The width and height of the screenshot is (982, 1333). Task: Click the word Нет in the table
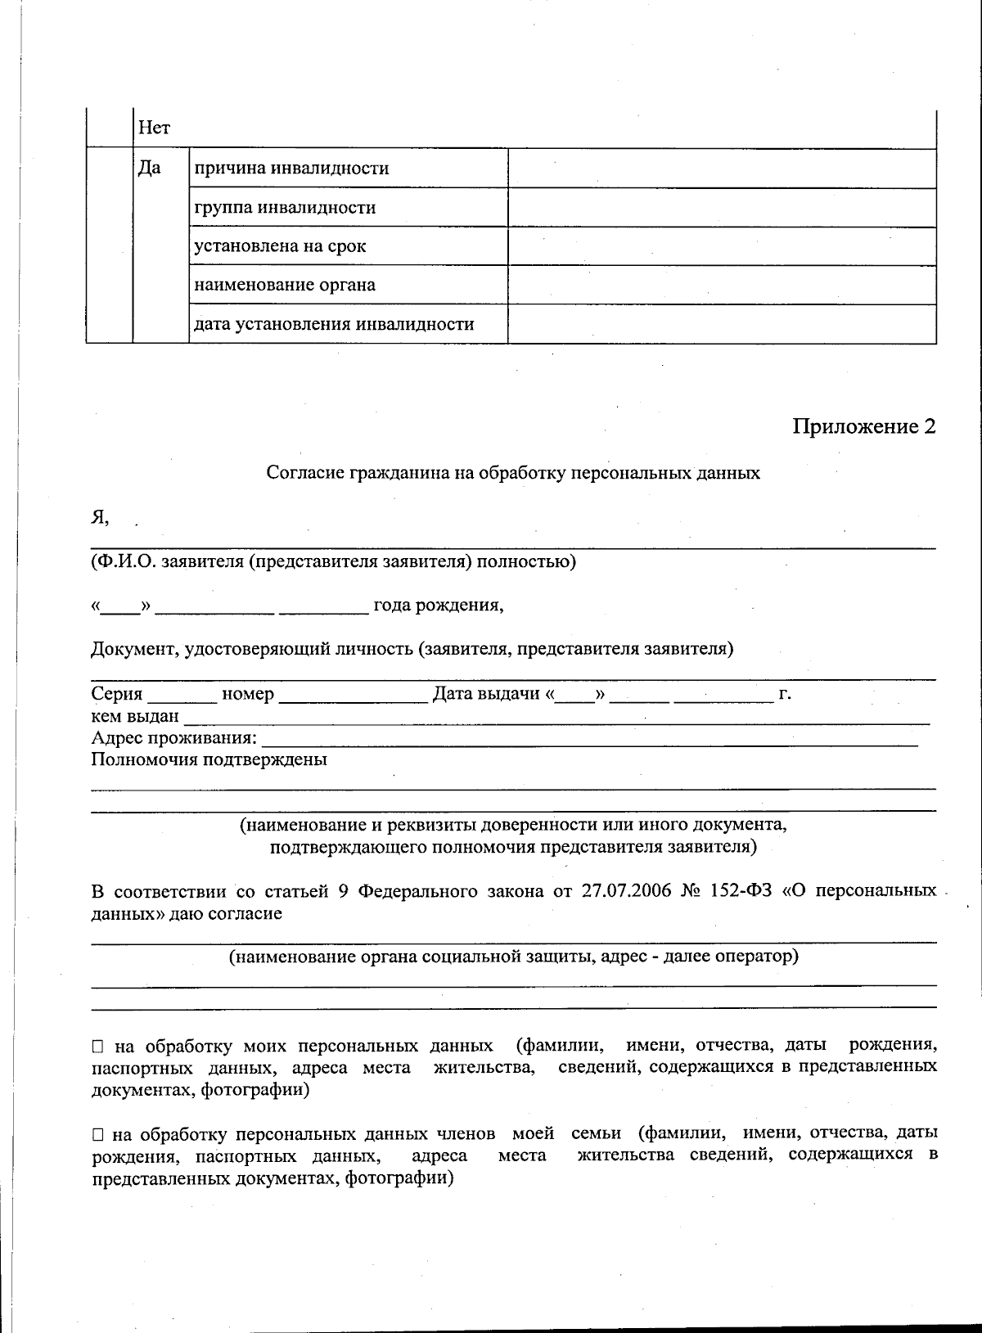(x=154, y=128)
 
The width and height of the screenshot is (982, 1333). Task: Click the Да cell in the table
(x=149, y=169)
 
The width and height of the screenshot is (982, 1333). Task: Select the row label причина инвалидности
(x=291, y=169)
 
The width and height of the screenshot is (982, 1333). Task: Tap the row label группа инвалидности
(x=285, y=208)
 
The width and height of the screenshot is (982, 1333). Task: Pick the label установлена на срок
(x=280, y=246)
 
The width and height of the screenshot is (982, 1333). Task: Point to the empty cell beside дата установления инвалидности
(x=721, y=324)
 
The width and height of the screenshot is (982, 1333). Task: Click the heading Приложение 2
(x=863, y=426)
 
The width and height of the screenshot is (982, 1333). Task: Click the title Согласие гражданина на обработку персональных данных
(x=513, y=473)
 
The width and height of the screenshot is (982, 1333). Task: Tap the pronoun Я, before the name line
(x=99, y=517)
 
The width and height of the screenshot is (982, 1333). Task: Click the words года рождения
(x=438, y=606)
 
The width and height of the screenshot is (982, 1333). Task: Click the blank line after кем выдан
(x=556, y=718)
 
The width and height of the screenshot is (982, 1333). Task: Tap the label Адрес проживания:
(x=173, y=739)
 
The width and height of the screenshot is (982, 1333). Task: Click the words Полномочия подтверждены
(x=209, y=760)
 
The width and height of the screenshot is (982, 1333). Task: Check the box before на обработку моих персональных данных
(x=98, y=1047)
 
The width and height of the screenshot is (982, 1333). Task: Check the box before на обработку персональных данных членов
(x=98, y=1135)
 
